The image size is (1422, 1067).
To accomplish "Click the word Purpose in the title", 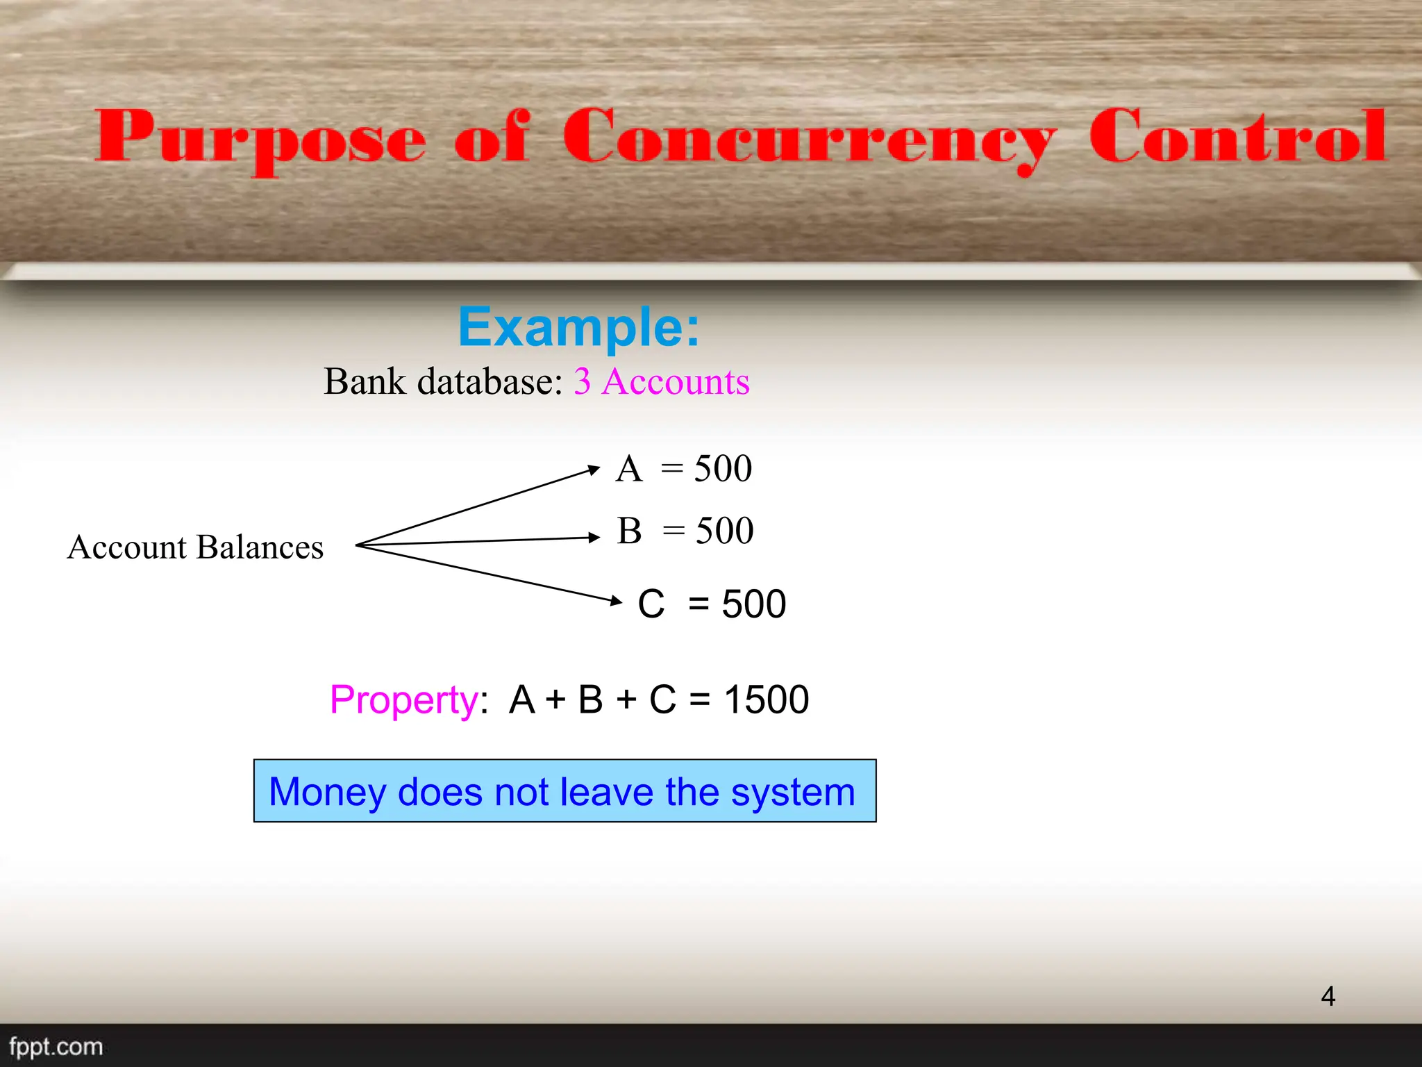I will tap(260, 139).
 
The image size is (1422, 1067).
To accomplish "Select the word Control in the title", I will tap(1237, 136).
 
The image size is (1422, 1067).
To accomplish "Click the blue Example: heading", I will tap(578, 327).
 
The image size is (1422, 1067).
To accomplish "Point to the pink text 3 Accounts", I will tap(662, 381).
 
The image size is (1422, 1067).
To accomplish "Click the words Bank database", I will tap(442, 381).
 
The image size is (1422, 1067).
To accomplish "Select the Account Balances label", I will tap(195, 547).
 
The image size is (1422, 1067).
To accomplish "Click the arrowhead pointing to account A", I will tap(594, 470).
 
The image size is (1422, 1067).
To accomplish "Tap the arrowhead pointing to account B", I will tap(594, 537).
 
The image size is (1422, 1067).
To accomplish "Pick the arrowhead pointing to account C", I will tap(616, 601).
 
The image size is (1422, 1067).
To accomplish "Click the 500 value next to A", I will tap(723, 468).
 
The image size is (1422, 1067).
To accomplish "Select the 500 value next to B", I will tap(725, 531).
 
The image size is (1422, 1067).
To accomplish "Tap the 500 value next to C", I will tap(754, 604).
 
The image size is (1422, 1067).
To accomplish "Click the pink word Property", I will tap(403, 700).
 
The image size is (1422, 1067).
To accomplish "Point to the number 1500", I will tap(766, 699).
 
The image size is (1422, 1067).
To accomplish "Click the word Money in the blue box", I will tap(327, 792).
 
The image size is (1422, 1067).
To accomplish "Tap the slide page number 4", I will tap(1328, 996).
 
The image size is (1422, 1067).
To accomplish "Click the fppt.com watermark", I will tap(56, 1046).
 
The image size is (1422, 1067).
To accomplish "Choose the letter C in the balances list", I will tap(651, 604).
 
